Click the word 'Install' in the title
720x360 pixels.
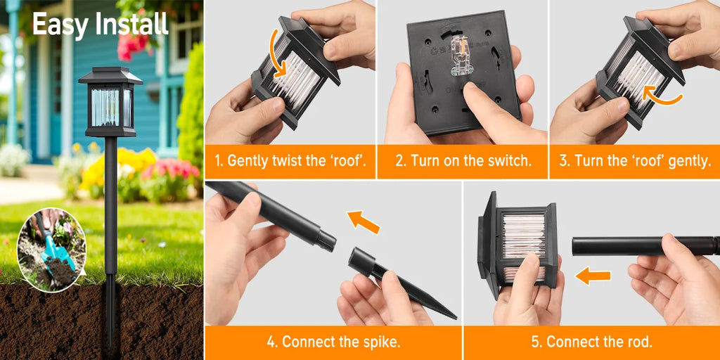coord(131,23)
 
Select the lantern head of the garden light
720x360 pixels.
coord(110,103)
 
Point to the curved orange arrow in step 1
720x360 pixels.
coord(276,52)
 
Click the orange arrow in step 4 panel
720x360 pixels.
coord(364,221)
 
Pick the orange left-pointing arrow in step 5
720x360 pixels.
coord(592,276)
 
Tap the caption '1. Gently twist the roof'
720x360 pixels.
coord(290,161)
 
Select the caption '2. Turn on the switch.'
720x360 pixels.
coord(463,161)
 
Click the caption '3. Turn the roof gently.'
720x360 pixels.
coord(635,161)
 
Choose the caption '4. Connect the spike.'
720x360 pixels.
coord(333,342)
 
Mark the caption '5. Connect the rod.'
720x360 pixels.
coord(591,342)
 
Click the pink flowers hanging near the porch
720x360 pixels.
coord(134,44)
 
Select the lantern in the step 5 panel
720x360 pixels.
coord(517,244)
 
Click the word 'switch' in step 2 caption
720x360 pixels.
coord(510,161)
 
